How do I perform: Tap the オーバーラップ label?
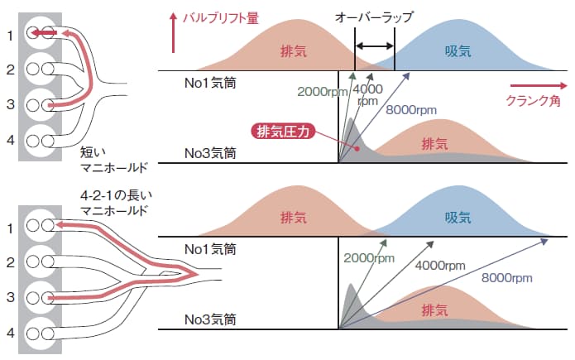click(x=374, y=16)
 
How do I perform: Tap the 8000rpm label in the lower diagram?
click(x=506, y=278)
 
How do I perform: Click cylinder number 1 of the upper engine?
click(x=11, y=35)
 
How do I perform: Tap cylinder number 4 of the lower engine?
click(x=11, y=332)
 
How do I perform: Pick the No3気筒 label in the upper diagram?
click(x=210, y=152)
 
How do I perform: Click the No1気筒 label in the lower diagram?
click(x=210, y=248)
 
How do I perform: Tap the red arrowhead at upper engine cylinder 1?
click(x=37, y=33)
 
